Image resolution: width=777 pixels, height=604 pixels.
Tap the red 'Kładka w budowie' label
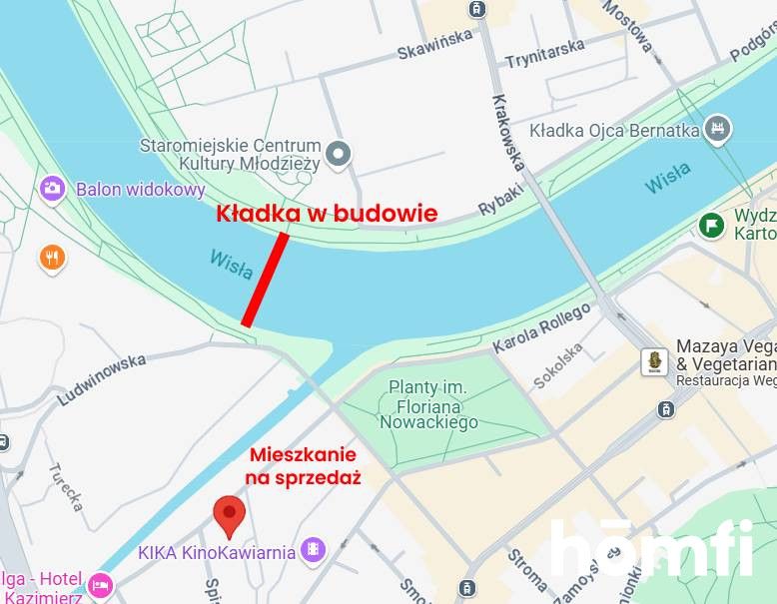(327, 213)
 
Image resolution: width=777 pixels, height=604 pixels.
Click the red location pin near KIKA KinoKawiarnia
(231, 516)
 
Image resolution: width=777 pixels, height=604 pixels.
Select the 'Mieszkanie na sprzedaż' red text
(304, 466)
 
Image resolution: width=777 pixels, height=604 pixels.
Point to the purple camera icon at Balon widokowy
(52, 188)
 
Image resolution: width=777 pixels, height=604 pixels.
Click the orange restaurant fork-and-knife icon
(52, 259)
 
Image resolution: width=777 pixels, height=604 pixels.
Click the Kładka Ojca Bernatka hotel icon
(717, 129)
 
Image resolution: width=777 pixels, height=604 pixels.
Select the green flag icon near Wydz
(711, 225)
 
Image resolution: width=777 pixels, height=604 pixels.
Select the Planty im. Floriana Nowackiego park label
(427, 404)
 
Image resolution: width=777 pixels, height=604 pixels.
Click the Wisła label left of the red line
(231, 265)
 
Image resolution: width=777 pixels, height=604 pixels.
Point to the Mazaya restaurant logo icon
(654, 361)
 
